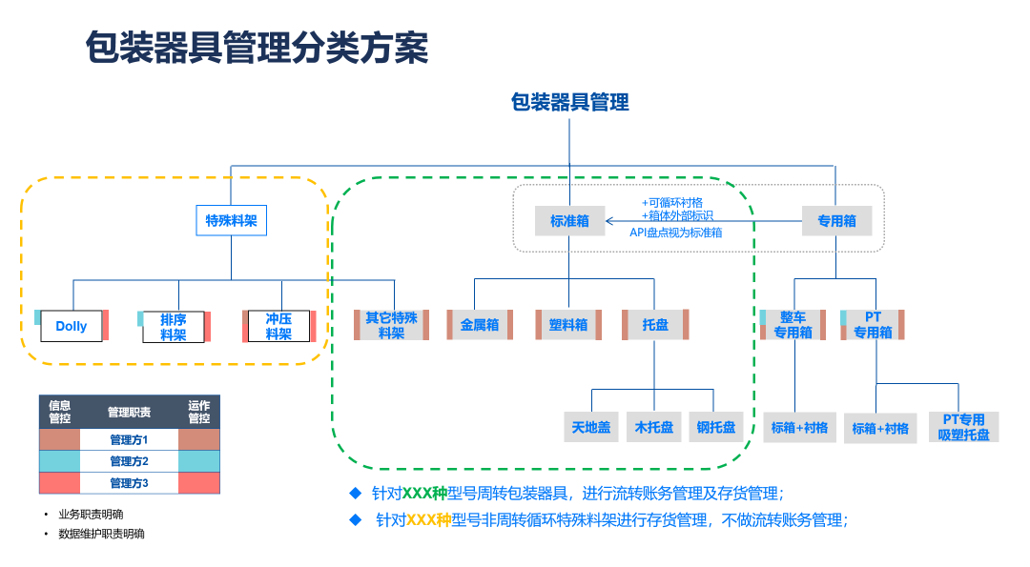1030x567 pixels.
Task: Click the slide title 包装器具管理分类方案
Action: coord(257,48)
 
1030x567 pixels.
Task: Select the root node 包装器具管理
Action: coord(569,102)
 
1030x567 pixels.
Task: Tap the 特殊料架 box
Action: coord(232,221)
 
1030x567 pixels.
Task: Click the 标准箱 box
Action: coord(569,221)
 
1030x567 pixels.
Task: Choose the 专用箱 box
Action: coord(836,221)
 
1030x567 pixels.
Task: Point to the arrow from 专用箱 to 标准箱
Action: coord(706,221)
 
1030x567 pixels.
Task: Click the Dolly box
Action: coord(72,326)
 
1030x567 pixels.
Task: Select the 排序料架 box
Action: coord(173,326)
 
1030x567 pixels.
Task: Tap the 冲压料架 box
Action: coord(278,326)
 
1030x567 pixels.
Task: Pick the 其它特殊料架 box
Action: coord(391,325)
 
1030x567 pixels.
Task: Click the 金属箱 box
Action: coord(480,325)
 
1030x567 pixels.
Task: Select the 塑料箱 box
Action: coord(568,325)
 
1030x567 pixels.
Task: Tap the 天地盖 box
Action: coord(591,427)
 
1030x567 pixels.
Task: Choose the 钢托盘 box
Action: coord(715,427)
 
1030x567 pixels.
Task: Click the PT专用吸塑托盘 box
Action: coord(963,427)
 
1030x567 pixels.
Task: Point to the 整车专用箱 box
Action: coord(793,325)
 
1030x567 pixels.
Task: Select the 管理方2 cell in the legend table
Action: coord(129,461)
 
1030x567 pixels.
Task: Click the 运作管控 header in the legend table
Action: coord(198,412)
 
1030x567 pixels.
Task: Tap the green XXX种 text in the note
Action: coord(424,494)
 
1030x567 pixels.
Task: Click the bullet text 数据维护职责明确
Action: coord(101,534)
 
